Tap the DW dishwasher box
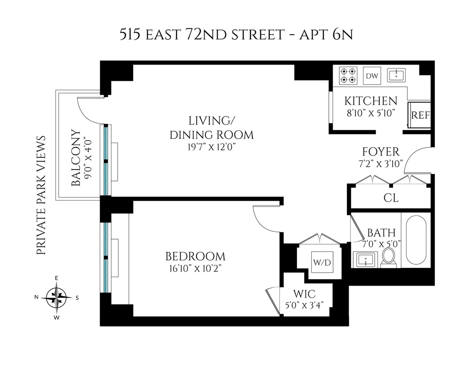[x=371, y=76]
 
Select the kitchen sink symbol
[x=396, y=75]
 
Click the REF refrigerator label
[x=420, y=115]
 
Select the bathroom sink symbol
[x=367, y=260]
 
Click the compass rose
[x=58, y=297]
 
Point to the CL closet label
[x=391, y=198]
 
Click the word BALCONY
[x=77, y=158]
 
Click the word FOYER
[x=381, y=152]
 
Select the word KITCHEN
[x=371, y=101]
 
